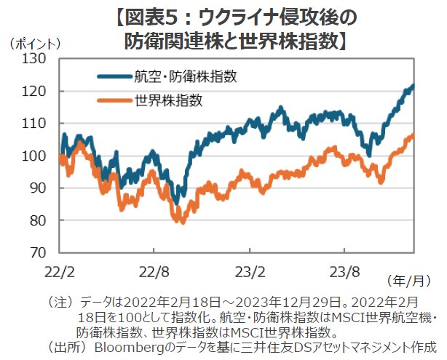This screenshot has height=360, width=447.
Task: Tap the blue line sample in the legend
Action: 113,76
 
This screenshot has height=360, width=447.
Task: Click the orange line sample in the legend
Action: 113,100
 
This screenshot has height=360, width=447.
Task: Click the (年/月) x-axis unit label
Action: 409,280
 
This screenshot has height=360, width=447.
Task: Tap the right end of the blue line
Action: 414,86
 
